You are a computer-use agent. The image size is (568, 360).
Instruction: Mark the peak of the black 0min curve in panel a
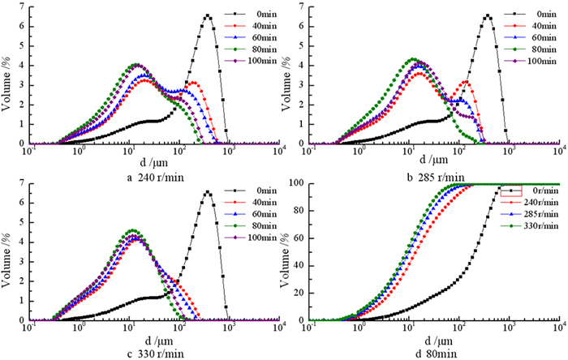pos(208,15)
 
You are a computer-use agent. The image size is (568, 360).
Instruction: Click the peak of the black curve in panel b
pos(488,15)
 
